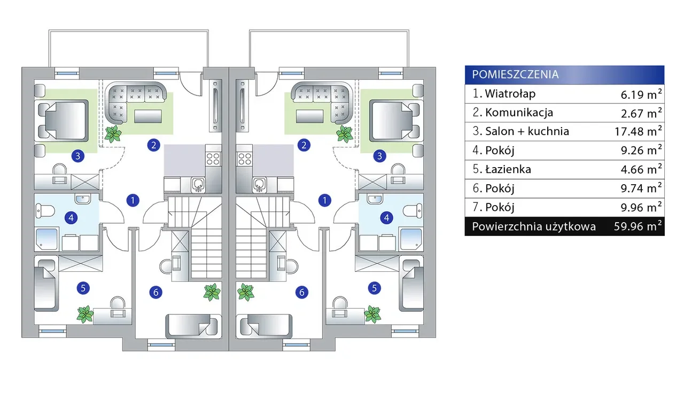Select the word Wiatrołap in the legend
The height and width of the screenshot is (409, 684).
pyautogui.click(x=510, y=94)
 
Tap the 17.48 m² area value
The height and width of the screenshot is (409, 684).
pyautogui.click(x=639, y=131)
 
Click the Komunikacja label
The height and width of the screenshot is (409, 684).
pyautogui.click(x=519, y=113)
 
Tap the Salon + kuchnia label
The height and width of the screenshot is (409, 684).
pyautogui.click(x=527, y=131)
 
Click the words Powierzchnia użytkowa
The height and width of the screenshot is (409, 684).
pyautogui.click(x=534, y=226)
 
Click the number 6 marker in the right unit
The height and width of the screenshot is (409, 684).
pyautogui.click(x=302, y=292)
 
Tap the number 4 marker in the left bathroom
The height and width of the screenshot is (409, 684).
pyautogui.click(x=71, y=218)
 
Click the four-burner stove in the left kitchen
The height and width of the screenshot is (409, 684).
pyautogui.click(x=213, y=159)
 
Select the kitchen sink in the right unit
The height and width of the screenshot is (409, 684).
pyautogui.click(x=260, y=185)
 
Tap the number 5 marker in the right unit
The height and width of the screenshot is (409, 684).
pyautogui.click(x=374, y=288)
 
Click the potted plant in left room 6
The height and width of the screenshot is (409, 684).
pyautogui.click(x=212, y=292)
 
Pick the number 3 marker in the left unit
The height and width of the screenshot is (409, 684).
pyautogui.click(x=78, y=156)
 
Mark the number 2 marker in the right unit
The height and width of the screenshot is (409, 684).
pyautogui.click(x=304, y=145)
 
